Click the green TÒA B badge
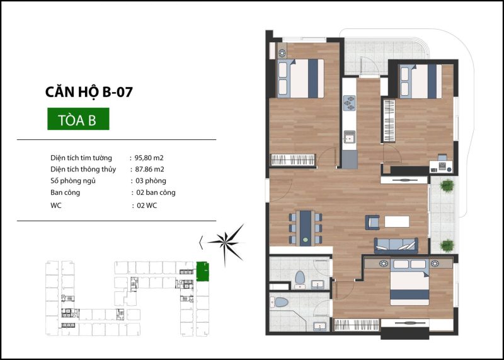coord(78,119)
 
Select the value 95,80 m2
coord(149,158)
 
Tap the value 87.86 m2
coord(149,169)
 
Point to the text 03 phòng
coord(151,180)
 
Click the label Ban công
coord(66,192)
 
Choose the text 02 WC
coord(147,206)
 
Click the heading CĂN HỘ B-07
coord(89,92)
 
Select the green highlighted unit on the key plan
coord(202,272)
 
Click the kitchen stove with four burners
coord(350,103)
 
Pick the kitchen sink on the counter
coord(350,137)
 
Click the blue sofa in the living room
coord(396,245)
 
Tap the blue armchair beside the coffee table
coord(372,222)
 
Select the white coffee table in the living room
coord(397,222)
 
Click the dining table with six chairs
coord(306,228)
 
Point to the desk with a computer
coord(441,164)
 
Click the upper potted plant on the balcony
coord(447,185)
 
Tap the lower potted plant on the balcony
coord(447,246)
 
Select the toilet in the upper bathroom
coord(300,279)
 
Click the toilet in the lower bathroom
coord(280,302)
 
